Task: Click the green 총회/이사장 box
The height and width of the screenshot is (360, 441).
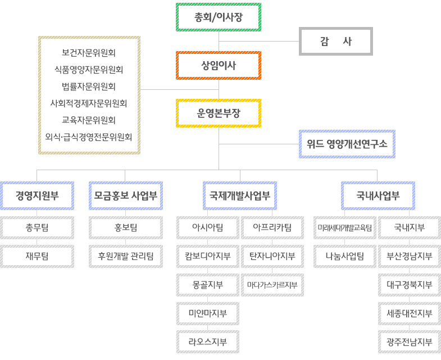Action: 219,17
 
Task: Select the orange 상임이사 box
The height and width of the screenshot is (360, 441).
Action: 219,66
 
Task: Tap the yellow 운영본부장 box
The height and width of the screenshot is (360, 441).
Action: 219,113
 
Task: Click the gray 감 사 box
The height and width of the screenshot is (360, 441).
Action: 336,42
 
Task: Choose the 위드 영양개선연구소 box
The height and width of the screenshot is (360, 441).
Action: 347,144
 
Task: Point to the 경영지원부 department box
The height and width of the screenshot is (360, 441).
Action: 37,196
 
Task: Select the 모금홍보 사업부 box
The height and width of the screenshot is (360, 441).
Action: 126,196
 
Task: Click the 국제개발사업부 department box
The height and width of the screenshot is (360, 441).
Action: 240,196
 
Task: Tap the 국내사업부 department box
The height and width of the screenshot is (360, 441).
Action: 378,196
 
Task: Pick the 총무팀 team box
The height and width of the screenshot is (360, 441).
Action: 37,228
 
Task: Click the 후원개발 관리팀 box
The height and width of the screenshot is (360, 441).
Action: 126,256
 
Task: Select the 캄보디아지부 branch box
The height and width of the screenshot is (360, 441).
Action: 208,256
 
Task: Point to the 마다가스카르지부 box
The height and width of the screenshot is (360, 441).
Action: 272,285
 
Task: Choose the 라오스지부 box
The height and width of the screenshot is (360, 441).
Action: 208,341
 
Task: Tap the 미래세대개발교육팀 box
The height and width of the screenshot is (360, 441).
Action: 345,228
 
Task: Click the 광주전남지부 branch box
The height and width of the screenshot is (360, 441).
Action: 410,341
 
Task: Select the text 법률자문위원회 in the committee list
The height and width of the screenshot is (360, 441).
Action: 89,86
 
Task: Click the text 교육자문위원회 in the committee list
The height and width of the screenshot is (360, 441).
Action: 89,120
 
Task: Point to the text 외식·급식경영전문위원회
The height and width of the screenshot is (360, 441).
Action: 89,137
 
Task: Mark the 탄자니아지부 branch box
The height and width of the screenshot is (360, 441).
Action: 272,256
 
